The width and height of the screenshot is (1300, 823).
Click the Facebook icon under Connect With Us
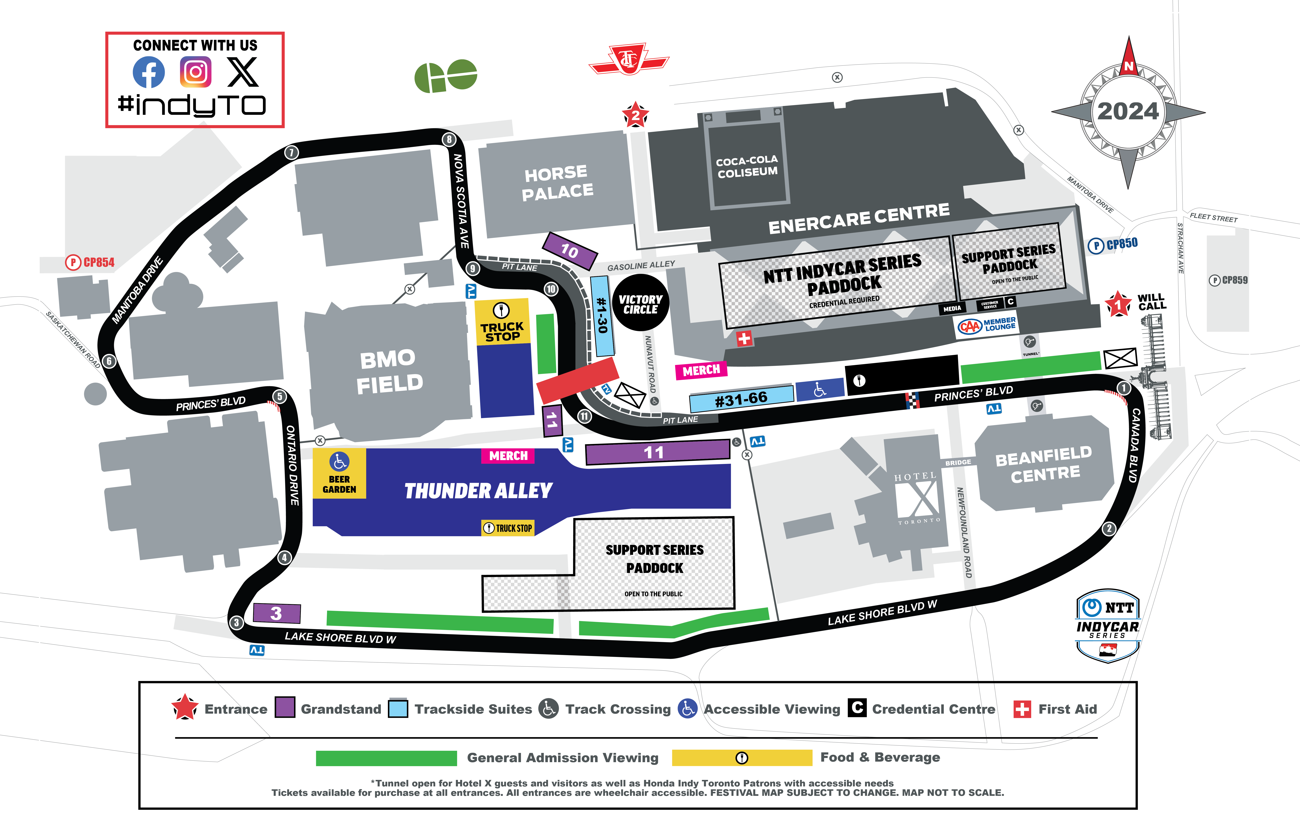[x=148, y=72]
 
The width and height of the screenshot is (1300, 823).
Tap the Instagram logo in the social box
[x=195, y=72]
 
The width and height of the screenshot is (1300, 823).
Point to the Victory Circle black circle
[x=640, y=303]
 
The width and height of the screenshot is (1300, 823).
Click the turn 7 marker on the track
[x=292, y=152]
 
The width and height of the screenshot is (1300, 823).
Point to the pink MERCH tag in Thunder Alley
[x=508, y=456]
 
